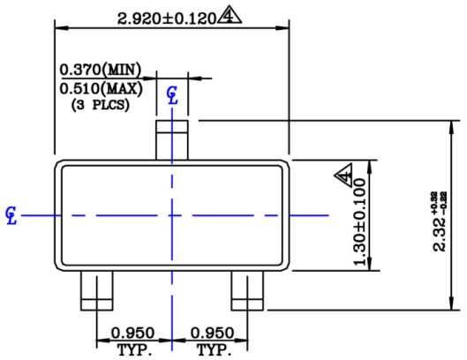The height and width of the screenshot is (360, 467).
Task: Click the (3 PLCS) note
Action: pyautogui.click(x=100, y=104)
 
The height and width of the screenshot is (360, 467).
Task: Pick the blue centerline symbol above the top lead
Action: pyautogui.click(x=172, y=95)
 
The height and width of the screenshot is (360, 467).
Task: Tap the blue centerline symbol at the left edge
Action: pyautogui.click(x=11, y=214)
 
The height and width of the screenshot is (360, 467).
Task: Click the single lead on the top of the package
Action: pyautogui.click(x=172, y=139)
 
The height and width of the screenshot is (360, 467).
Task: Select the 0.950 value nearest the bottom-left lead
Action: pyautogui.click(x=132, y=334)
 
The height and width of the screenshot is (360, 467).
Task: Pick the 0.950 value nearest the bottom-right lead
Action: pyautogui.click(x=212, y=334)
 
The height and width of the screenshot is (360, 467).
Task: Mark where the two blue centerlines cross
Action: pyautogui.click(x=172, y=214)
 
